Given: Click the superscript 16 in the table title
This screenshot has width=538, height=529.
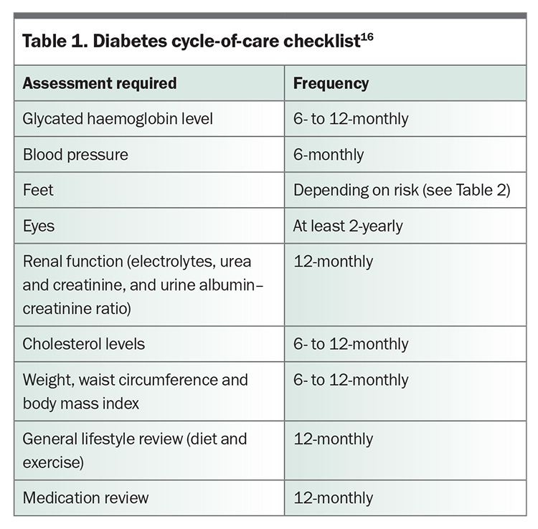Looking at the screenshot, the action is pyautogui.click(x=367, y=37).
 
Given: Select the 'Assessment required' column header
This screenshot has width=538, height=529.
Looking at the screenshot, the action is pyautogui.click(x=100, y=83).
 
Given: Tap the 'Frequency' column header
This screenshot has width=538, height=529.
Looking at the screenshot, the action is pyautogui.click(x=331, y=83).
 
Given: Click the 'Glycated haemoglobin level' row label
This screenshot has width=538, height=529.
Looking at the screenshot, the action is pyautogui.click(x=118, y=119).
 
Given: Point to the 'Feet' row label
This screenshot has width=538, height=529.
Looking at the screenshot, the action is pyautogui.click(x=38, y=190).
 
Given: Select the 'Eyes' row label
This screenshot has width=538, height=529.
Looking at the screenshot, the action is pyautogui.click(x=39, y=227).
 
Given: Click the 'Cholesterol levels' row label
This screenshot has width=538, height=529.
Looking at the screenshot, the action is pyautogui.click(x=84, y=344).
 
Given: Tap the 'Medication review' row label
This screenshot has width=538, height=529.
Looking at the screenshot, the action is pyautogui.click(x=86, y=497).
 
